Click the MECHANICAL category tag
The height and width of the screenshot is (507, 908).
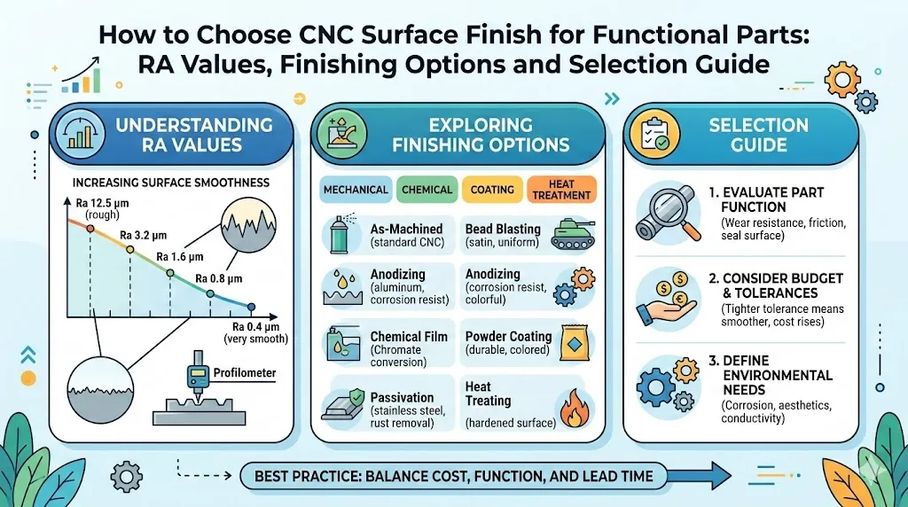click(x=356, y=190)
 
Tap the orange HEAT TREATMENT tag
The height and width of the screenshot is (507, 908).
click(x=561, y=190)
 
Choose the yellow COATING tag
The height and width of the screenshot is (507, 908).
click(x=490, y=190)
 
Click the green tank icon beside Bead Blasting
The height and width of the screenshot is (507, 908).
click(x=573, y=232)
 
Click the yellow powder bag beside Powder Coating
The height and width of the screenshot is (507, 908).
click(x=573, y=344)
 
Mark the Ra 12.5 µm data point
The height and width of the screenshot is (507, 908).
click(x=90, y=227)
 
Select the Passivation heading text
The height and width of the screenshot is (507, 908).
click(x=403, y=398)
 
